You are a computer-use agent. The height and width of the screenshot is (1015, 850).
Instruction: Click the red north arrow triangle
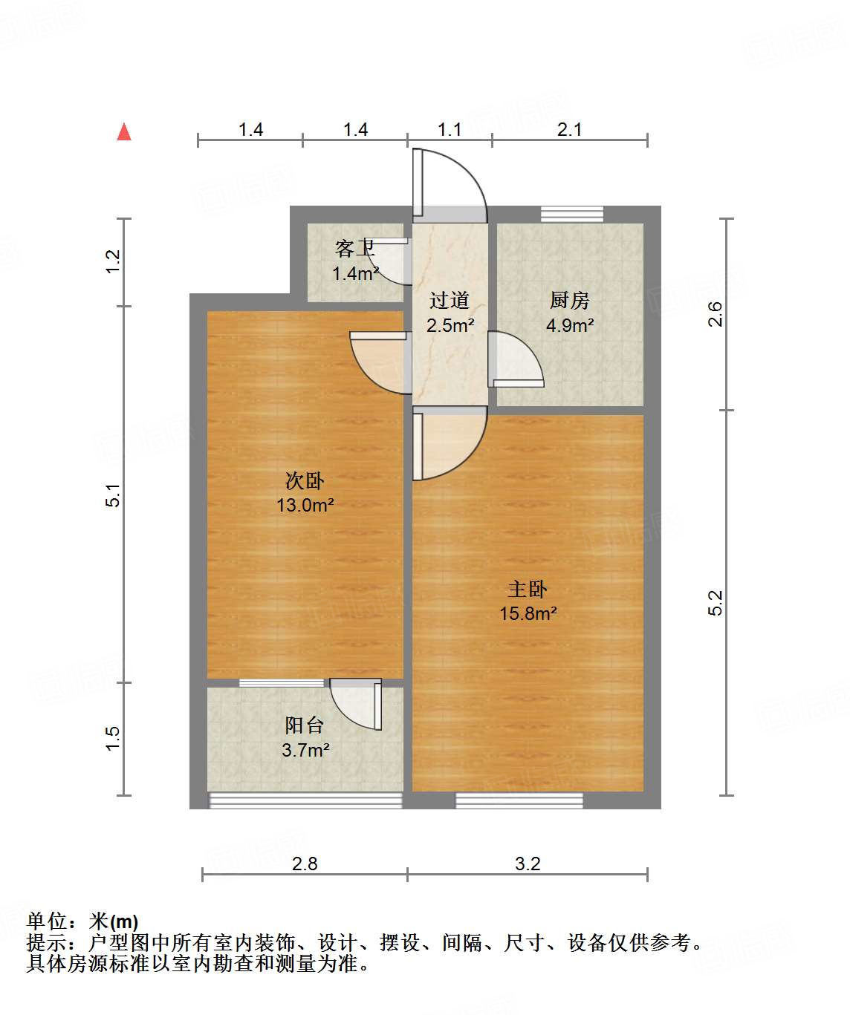[x=124, y=132]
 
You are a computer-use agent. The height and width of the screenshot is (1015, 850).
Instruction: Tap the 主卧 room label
[x=528, y=590]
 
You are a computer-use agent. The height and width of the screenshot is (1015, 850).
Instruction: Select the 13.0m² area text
[x=305, y=506]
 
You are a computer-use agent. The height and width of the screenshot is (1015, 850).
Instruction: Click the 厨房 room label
[x=570, y=301]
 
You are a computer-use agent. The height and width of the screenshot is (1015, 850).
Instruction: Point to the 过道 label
[x=450, y=301]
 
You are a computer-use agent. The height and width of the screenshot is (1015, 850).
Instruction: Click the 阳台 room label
[x=305, y=725]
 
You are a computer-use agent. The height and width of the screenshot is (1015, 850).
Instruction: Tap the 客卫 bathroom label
[x=354, y=248]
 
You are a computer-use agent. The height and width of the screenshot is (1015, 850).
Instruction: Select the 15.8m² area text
[x=528, y=614]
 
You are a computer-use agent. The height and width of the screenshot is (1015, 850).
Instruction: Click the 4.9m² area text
[x=570, y=325]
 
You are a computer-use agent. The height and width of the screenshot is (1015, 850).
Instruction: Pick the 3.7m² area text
[x=305, y=751]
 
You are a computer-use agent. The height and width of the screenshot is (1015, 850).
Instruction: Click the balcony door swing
[x=357, y=704]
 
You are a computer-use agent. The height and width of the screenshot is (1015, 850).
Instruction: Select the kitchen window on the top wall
[x=571, y=215]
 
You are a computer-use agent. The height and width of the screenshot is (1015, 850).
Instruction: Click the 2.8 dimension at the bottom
[x=305, y=864]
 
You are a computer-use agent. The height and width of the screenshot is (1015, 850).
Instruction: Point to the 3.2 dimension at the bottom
[x=528, y=864]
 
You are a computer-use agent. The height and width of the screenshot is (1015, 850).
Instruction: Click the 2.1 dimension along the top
[x=569, y=129]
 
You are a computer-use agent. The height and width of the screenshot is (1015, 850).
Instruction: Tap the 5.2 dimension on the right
[x=715, y=603]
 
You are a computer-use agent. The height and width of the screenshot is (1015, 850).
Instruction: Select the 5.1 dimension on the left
[x=113, y=495]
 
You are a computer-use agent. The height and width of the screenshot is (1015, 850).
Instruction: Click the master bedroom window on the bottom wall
[x=519, y=800]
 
